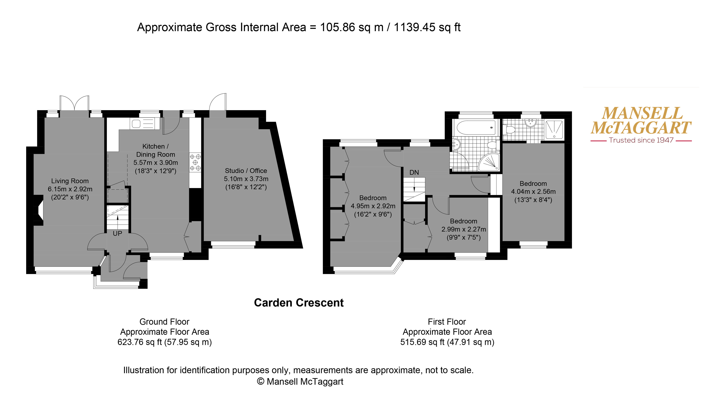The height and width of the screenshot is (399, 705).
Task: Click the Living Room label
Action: click(x=70, y=181)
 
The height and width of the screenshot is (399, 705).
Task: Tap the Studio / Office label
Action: click(x=246, y=171)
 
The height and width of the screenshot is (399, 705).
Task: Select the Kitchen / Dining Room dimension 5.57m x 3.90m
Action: click(x=156, y=162)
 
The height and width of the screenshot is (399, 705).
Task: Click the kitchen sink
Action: click(x=145, y=124)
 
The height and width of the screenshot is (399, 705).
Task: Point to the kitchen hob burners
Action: click(x=195, y=162)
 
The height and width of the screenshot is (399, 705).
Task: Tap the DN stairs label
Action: click(x=414, y=172)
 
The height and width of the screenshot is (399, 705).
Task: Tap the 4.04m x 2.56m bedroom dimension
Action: click(x=533, y=192)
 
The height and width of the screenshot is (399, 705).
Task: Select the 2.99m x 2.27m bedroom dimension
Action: click(x=464, y=229)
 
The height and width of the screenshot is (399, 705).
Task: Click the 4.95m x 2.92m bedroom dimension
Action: click(x=373, y=206)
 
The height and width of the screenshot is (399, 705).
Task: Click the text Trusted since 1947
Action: click(x=641, y=140)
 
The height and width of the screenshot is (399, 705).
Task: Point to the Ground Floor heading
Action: click(x=164, y=322)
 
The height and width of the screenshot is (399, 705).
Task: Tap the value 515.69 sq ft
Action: click(x=422, y=342)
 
